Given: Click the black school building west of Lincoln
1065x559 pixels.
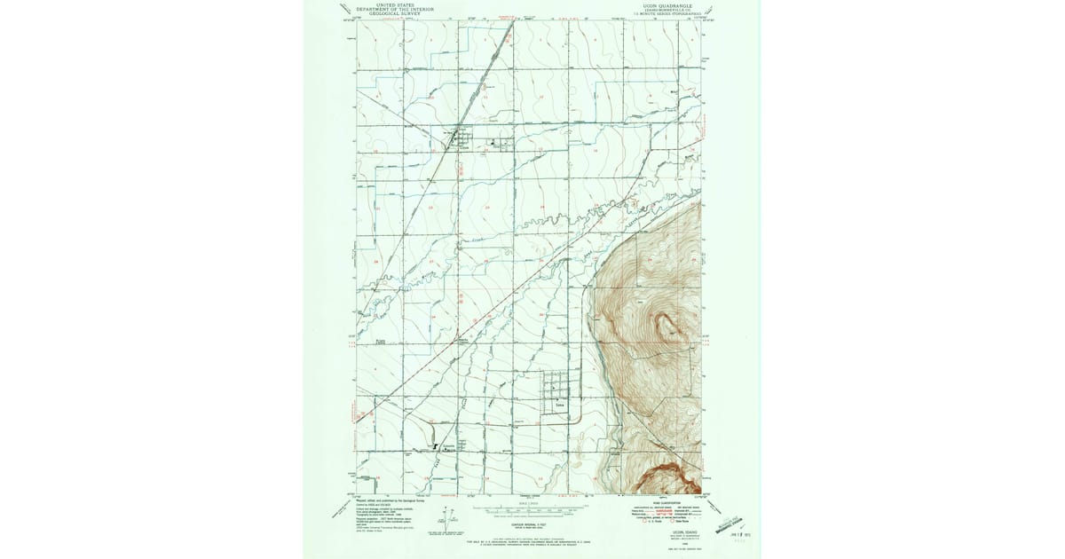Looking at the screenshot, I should pyautogui.click(x=435, y=446).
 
